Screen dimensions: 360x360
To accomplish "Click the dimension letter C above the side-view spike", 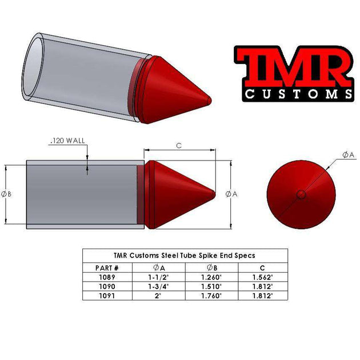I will point(179,146).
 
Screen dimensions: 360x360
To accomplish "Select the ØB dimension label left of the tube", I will point(7,194).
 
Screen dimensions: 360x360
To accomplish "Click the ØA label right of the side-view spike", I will point(231,194).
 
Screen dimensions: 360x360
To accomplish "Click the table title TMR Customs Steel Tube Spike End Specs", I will point(184,255).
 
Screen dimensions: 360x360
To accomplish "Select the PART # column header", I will point(108,267).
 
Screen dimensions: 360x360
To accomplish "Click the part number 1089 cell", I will point(107,277).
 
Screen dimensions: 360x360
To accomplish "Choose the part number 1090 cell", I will point(107,287).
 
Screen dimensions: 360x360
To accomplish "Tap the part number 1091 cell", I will point(107,296).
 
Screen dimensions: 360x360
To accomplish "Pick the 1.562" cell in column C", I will point(262,277).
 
